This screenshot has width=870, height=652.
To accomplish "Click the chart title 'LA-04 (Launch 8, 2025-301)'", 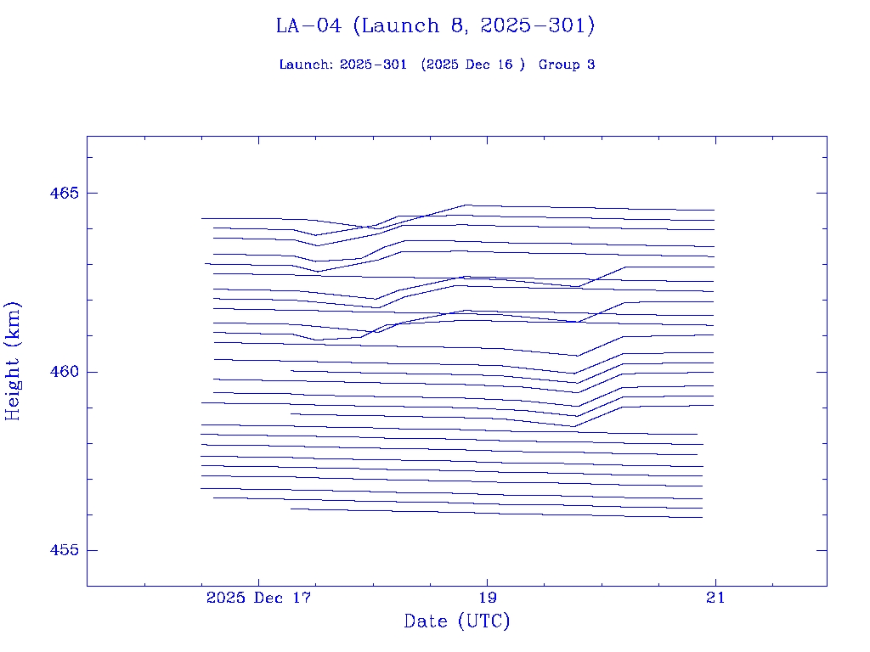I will pyautogui.click(x=435, y=26).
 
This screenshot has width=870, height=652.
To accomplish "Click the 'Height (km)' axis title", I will pyautogui.click(x=13, y=361).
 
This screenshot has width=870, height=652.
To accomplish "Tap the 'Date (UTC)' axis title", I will pyautogui.click(x=457, y=621).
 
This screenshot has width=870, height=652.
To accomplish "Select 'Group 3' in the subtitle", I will pyautogui.click(x=567, y=65).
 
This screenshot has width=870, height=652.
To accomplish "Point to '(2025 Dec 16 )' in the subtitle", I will pyautogui.click(x=473, y=65).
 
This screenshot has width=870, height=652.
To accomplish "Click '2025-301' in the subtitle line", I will pyautogui.click(x=373, y=65).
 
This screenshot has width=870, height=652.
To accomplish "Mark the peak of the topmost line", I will pyautogui.click(x=468, y=205).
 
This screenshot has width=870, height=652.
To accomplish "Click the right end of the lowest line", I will pyautogui.click(x=703, y=517).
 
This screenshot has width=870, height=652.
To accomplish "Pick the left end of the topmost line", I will pyautogui.click(x=201, y=218).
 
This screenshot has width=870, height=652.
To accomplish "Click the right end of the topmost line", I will pyautogui.click(x=714, y=210).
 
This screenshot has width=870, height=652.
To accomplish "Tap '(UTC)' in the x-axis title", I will pyautogui.click(x=483, y=621).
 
